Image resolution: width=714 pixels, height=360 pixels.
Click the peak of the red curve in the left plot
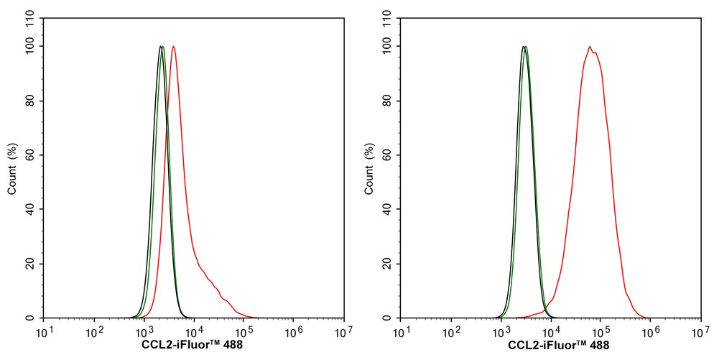(173, 47)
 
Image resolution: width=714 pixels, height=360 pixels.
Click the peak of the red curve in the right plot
(590, 47)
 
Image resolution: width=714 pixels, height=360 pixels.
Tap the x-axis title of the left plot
(193, 345)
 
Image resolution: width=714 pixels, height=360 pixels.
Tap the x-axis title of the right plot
(559, 345)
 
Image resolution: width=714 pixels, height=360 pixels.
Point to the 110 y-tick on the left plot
(34, 19)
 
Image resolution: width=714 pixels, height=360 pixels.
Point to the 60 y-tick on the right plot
(390, 155)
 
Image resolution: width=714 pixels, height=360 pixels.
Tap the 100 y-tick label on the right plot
(390, 47)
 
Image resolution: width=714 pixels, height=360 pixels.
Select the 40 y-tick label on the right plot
(390, 209)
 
